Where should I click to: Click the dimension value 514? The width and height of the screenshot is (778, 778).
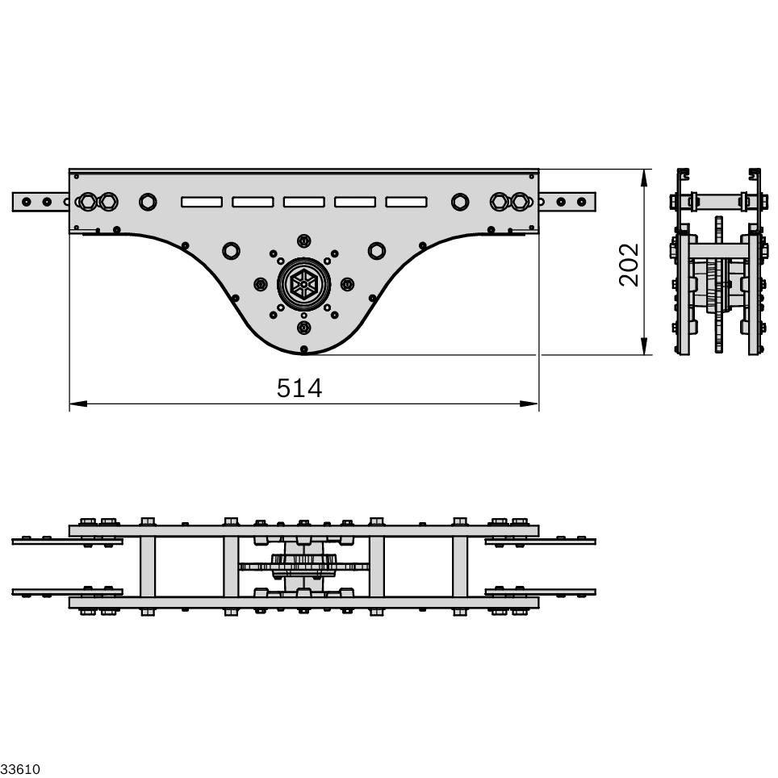tap(299, 388)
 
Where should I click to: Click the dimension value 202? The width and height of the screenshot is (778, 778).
tap(630, 264)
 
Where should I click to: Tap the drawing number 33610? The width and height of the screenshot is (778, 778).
tap(20, 768)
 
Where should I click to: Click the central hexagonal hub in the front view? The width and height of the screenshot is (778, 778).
tap(303, 284)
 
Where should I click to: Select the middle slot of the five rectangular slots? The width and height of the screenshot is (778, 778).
tap(303, 201)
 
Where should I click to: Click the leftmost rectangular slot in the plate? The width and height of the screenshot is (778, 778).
tap(202, 201)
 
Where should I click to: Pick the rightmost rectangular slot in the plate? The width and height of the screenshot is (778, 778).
tap(406, 201)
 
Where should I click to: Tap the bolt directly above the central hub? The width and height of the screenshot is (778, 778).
tap(303, 241)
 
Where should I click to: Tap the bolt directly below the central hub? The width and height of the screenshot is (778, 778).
tap(303, 328)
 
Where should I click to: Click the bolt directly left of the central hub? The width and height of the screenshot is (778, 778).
tap(261, 284)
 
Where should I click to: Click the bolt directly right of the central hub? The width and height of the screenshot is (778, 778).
tap(347, 284)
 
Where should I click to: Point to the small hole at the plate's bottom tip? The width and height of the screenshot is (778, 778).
tap(303, 349)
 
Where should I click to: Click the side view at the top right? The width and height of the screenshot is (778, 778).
tap(718, 262)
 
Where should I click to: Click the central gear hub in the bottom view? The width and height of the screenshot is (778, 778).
tap(303, 565)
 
